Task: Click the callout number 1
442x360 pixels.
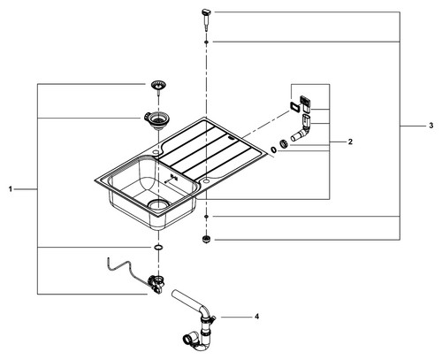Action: click(11, 189)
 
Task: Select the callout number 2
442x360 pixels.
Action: click(350, 142)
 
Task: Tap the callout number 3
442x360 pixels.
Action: click(431, 126)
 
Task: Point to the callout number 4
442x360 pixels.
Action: click(256, 317)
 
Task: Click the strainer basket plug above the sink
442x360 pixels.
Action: click(158, 87)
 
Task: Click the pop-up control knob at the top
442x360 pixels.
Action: click(206, 19)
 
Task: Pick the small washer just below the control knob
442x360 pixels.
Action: click(206, 42)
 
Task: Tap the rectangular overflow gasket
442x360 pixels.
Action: click(294, 106)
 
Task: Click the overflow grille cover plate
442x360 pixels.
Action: click(306, 103)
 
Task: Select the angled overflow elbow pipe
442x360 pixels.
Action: click(301, 129)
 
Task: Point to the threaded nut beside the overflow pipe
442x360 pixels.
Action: click(284, 143)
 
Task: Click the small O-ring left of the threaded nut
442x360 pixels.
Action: click(274, 150)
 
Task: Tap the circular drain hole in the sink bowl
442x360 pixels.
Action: click(158, 204)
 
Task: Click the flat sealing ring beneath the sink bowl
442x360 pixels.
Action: click(158, 247)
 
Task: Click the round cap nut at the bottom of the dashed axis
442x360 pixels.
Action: click(206, 239)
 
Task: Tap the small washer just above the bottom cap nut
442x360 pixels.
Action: click(206, 217)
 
